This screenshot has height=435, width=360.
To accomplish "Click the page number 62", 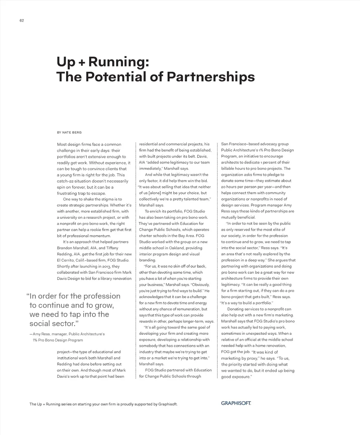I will (x=22, y=21).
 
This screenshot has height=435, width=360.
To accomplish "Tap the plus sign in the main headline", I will (x=81, y=62).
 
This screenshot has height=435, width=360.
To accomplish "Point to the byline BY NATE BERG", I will (x=69, y=133).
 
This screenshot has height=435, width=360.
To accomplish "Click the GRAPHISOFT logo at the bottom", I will (x=236, y=403).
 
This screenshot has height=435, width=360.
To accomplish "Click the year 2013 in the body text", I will (x=106, y=267).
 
